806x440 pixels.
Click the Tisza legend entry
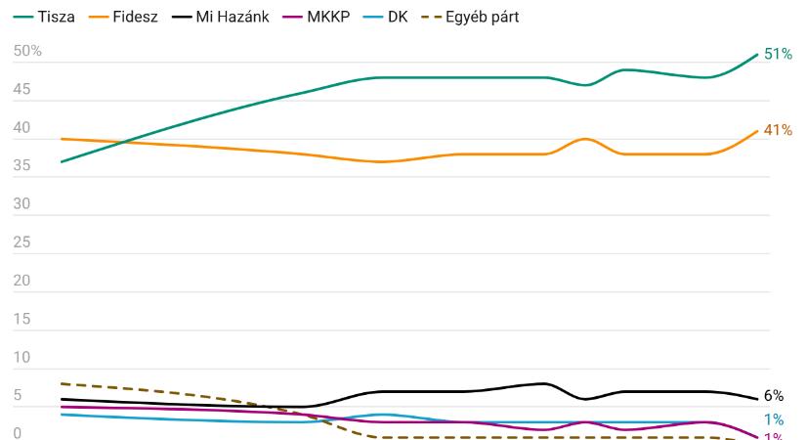pyautogui.click(x=44, y=16)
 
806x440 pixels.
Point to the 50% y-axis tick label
pyautogui.click(x=27, y=51)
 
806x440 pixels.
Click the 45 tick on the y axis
pyautogui.click(x=21, y=90)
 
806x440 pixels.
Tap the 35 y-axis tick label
pyautogui.click(x=21, y=166)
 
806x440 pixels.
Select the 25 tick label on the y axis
pyautogui.click(x=21, y=242)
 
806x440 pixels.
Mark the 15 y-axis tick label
pyautogui.click(x=21, y=319)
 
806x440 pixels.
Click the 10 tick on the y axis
pyautogui.click(x=21, y=358)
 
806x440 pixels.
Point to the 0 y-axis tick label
pyautogui.click(x=17, y=433)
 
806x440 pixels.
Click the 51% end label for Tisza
pyautogui.click(x=778, y=54)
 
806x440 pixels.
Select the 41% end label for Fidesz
pyautogui.click(x=778, y=129)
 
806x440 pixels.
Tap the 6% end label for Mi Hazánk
pyautogui.click(x=774, y=396)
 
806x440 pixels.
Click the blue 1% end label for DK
pyautogui.click(x=774, y=419)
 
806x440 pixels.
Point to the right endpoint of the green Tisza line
pyautogui.click(x=757, y=55)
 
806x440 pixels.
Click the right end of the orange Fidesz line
pyautogui.click(x=757, y=131)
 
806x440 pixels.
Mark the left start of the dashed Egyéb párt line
pyautogui.click(x=61, y=383)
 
